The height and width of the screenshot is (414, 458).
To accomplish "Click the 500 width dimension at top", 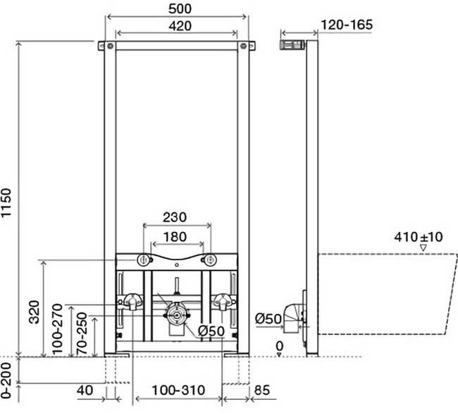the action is click(x=180, y=8).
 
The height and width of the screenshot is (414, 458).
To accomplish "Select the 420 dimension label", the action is click(x=180, y=26).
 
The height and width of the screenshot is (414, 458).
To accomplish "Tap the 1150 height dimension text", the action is click(x=6, y=203).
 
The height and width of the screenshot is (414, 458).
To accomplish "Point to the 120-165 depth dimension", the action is click(x=347, y=25).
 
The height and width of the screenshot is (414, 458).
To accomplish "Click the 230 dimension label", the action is click(x=175, y=217).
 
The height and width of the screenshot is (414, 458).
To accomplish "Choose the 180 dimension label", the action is click(x=175, y=237).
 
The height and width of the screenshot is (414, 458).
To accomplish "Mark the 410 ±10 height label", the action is click(x=419, y=237).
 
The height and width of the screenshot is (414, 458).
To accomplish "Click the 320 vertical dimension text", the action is click(x=35, y=312).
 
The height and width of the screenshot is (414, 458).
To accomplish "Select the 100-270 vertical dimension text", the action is click(x=57, y=329).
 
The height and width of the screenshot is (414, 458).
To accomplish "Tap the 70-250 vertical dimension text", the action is click(x=82, y=334).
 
